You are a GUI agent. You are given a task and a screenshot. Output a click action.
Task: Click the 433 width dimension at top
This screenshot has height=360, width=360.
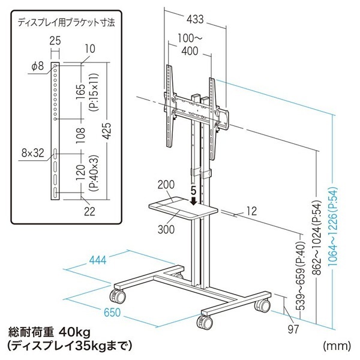[x=195, y=19]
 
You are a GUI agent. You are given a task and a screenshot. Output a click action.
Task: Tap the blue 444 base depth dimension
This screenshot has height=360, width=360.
[x=98, y=260]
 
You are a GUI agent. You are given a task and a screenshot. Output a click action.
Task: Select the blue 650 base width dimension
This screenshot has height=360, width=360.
[x=112, y=312]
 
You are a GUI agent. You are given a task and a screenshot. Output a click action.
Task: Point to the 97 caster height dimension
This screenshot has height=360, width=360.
[x=293, y=329]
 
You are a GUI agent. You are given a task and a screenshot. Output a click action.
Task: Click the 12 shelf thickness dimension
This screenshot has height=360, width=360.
[x=252, y=211]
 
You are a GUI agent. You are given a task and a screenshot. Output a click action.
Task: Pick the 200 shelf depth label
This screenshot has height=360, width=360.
[x=166, y=184]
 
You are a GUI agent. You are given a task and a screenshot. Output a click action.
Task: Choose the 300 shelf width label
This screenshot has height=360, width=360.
[x=166, y=229]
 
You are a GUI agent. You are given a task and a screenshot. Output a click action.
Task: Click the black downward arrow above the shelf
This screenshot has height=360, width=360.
[x=194, y=201]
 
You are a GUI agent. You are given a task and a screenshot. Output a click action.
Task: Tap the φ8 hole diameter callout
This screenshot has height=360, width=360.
[x=37, y=66]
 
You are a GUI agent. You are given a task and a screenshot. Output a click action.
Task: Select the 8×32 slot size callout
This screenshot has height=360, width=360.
[x=32, y=153]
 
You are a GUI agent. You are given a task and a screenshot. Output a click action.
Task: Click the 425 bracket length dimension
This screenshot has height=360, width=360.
[x=107, y=131]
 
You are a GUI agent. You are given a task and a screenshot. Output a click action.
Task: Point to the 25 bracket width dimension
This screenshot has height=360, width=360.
[x=55, y=41]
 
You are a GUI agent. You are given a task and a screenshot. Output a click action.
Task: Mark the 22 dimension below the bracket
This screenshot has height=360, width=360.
[x=89, y=211]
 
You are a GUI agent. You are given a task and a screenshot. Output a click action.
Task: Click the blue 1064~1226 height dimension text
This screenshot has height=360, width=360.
[x=332, y=226]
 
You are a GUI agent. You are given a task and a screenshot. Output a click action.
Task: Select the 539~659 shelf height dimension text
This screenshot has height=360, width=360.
[x=301, y=275]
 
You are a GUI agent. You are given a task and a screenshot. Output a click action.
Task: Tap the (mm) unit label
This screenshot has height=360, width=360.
[x=337, y=346]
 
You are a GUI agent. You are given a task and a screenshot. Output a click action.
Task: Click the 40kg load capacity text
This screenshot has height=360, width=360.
[x=74, y=332]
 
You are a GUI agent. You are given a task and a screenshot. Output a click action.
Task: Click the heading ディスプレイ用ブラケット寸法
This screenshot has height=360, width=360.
[x=66, y=23]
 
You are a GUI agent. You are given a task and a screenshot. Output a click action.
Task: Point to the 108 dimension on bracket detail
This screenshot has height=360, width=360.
[x=80, y=136]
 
